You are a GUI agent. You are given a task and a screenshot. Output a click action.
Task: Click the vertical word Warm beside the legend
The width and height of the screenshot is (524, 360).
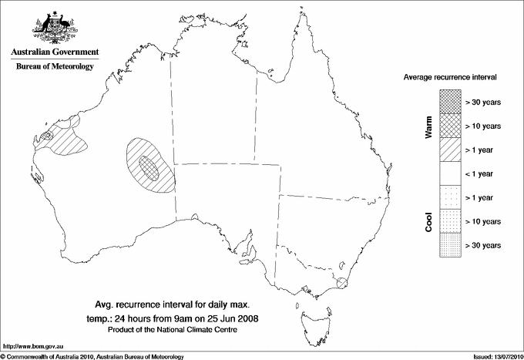tap(429, 127)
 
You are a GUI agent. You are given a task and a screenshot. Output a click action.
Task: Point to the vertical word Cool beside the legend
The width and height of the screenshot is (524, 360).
tap(429, 221)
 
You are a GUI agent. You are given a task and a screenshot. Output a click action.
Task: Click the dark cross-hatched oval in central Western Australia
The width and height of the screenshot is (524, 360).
tap(149, 167)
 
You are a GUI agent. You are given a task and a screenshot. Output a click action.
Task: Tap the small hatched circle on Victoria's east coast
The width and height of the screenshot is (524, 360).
tap(341, 282)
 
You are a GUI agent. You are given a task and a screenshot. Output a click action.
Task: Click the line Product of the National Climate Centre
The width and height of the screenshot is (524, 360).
tap(181, 329)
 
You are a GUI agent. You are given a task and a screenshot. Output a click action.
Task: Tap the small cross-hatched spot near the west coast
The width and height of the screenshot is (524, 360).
tap(47, 136)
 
